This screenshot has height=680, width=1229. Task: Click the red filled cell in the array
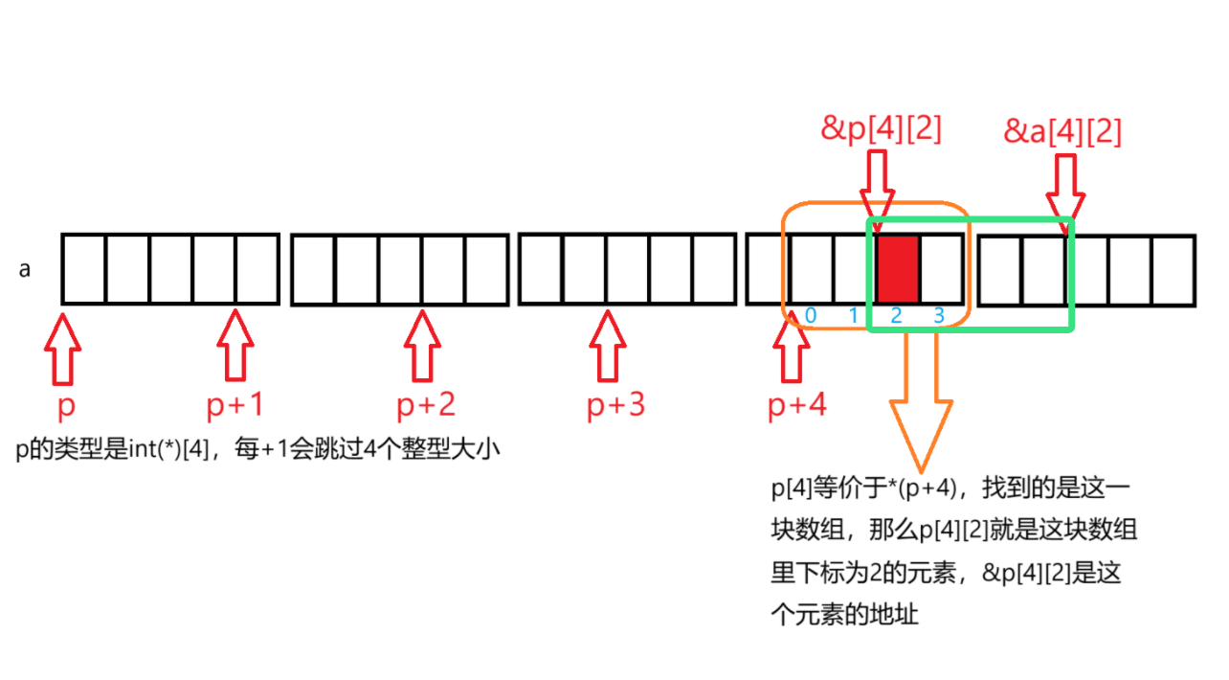pyautogui.click(x=898, y=269)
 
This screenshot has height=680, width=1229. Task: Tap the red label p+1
pyautogui.click(x=235, y=406)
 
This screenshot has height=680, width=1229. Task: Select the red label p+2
pyautogui.click(x=426, y=406)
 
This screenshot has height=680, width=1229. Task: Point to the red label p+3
pyautogui.click(x=615, y=406)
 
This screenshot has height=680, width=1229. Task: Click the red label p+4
pyautogui.click(x=796, y=406)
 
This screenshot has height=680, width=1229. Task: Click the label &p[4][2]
pyautogui.click(x=881, y=129)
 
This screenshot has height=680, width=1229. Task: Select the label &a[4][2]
pyautogui.click(x=1062, y=131)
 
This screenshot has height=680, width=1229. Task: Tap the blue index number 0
pyautogui.click(x=811, y=315)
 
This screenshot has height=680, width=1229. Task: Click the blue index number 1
pyautogui.click(x=854, y=315)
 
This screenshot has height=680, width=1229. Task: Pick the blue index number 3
pyautogui.click(x=939, y=315)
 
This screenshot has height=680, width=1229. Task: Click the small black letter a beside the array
pyautogui.click(x=25, y=270)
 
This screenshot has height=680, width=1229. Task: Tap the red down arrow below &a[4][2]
pyautogui.click(x=1065, y=189)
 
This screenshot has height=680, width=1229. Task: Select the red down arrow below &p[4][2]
pyautogui.click(x=877, y=189)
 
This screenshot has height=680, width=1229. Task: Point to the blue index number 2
pyautogui.click(x=897, y=315)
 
